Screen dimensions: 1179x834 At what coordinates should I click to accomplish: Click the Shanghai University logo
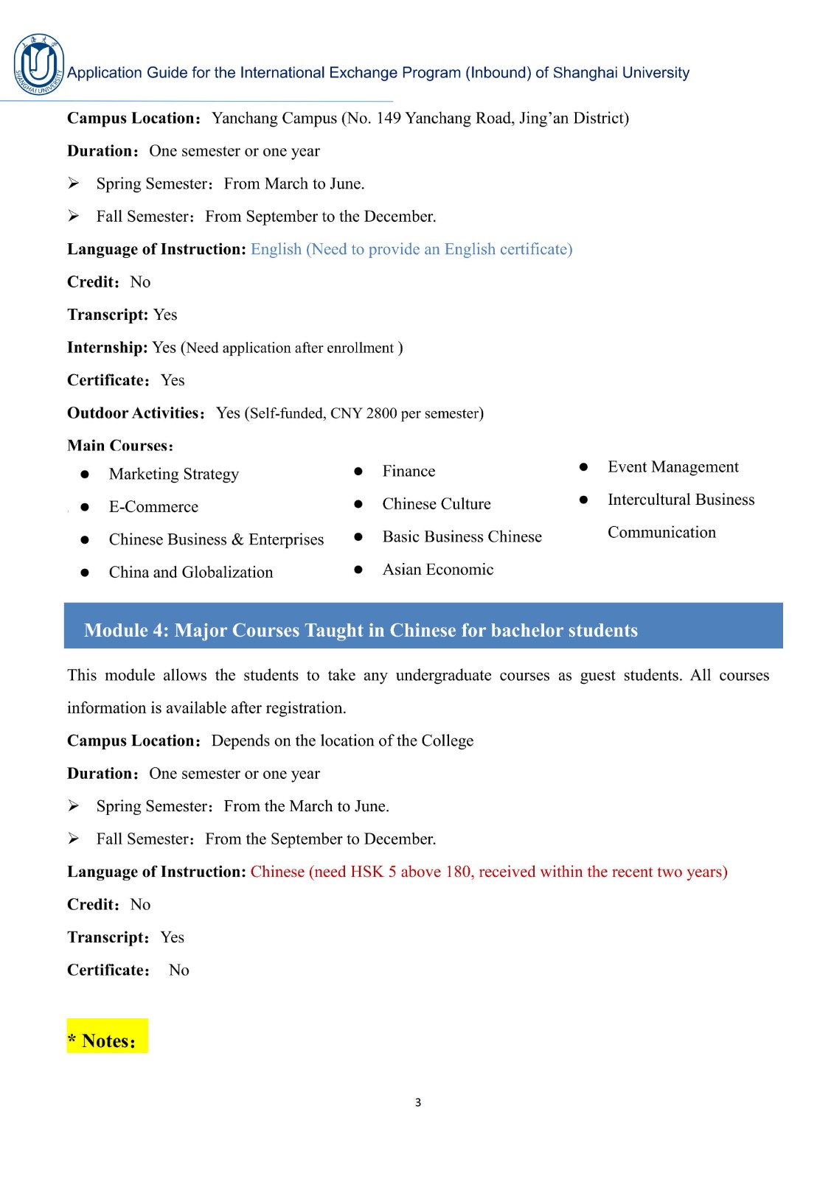(x=38, y=65)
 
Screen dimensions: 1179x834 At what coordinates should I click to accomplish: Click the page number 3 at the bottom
(x=418, y=1102)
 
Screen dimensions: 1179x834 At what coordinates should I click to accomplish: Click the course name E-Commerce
(x=153, y=507)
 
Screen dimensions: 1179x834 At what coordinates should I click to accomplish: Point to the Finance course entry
(x=409, y=472)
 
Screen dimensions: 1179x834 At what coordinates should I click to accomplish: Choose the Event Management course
(x=673, y=467)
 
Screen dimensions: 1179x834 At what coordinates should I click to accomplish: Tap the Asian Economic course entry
(x=437, y=570)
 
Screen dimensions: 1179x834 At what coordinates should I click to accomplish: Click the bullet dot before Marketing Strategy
(x=85, y=475)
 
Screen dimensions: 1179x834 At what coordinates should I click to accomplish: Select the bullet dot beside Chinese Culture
(x=358, y=504)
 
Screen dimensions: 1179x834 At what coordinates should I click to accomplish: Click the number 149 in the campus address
(x=389, y=119)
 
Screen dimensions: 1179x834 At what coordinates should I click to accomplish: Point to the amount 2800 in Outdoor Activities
(x=381, y=413)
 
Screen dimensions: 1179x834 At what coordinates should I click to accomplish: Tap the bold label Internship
(x=108, y=348)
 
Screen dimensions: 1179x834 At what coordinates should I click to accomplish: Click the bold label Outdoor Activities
(x=133, y=413)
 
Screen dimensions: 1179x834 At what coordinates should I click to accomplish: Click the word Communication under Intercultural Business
(x=661, y=533)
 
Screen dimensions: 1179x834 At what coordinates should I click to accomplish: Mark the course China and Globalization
(x=190, y=573)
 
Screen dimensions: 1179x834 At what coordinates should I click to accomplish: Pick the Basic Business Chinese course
(x=462, y=537)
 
